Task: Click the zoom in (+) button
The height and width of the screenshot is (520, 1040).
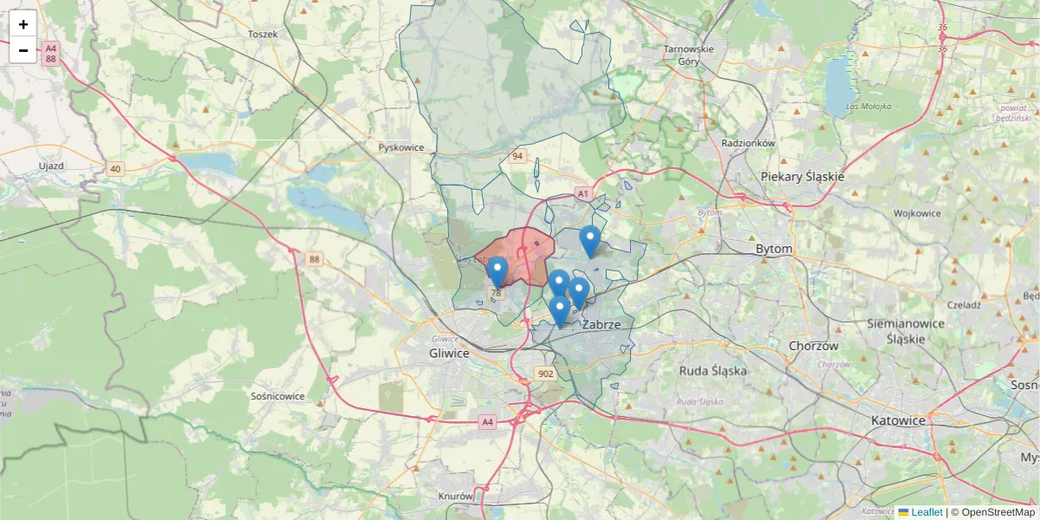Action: [23, 24]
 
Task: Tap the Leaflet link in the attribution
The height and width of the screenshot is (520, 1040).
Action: [926, 512]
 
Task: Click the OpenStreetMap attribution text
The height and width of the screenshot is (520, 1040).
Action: [998, 512]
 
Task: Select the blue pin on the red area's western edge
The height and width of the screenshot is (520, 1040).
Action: [497, 272]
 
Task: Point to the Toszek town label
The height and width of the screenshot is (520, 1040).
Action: [262, 34]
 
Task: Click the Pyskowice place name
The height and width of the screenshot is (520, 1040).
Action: [401, 147]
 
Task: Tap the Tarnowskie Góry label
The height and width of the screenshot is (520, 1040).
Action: [689, 55]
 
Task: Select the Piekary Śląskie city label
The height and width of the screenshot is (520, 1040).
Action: [802, 176]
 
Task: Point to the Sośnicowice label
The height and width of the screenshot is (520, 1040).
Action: [277, 396]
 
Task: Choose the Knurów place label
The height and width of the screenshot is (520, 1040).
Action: [455, 497]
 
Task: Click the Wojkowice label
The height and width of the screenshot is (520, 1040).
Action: [917, 213]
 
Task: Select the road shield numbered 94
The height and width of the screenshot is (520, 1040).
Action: [517, 156]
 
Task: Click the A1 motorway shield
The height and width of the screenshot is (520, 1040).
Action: [583, 193]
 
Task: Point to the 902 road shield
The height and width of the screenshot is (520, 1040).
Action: [545, 374]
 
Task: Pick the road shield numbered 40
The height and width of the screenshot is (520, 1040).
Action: [115, 168]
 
